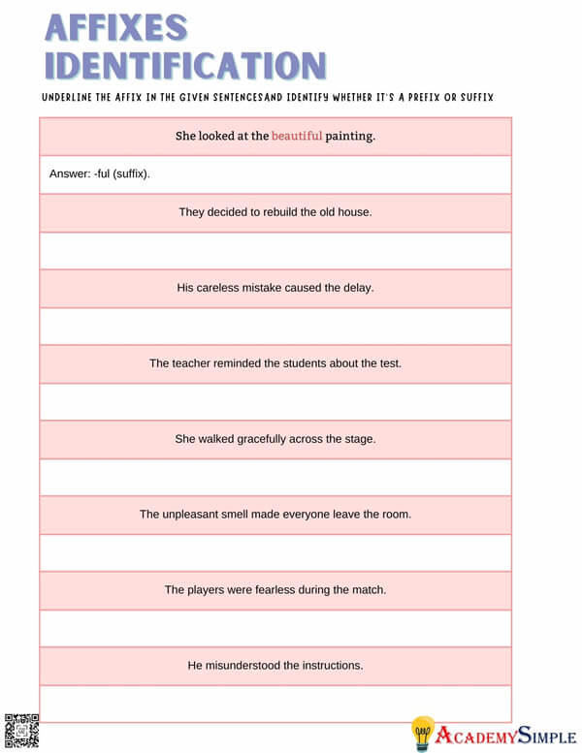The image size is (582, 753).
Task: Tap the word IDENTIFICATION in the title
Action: click(185, 65)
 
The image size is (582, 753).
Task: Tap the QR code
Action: click(21, 728)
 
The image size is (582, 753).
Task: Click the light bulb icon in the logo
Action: click(422, 732)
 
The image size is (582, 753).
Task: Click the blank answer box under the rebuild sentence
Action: click(275, 250)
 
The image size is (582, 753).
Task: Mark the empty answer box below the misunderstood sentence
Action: click(275, 703)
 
